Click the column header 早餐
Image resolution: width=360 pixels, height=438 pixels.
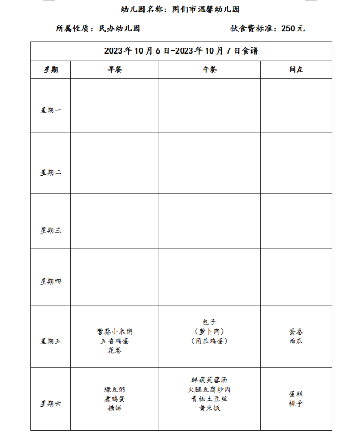115,70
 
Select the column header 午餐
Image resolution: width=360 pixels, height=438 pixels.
210,70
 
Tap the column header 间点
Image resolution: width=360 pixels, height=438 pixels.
296,70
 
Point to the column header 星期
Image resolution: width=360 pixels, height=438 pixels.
51,70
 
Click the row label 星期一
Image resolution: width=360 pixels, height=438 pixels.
51,110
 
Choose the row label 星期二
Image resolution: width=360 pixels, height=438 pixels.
51,172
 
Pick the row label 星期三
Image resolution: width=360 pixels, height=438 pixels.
51,230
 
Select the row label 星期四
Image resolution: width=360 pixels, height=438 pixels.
51,281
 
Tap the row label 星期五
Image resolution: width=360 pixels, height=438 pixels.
51,341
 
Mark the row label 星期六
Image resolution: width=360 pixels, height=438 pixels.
51,404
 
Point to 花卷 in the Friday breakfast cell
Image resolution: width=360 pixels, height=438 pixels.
115,350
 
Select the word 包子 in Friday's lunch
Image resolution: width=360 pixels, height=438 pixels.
210,322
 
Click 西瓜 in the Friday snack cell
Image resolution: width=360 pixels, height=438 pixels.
296,341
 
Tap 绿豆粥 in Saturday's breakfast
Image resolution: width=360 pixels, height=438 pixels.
115,389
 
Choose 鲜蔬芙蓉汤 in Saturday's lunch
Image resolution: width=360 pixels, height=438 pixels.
209,379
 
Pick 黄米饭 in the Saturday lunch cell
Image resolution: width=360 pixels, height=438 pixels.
209,408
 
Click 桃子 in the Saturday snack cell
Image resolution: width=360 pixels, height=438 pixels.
296,404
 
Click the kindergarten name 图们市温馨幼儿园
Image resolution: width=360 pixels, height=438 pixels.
209,9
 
